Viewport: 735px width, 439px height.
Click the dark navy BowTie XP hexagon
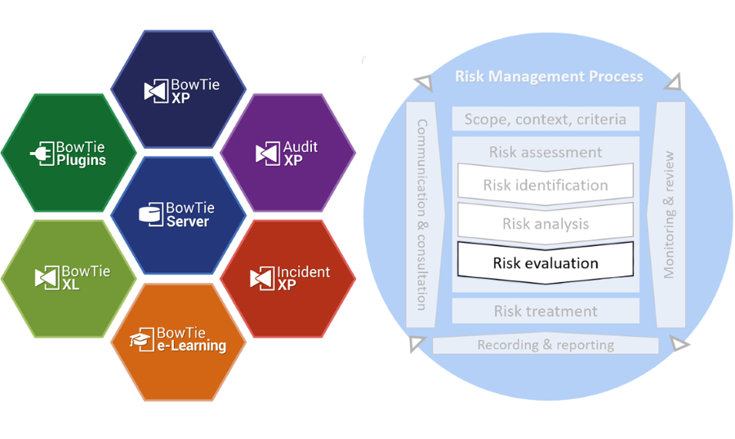(178, 88)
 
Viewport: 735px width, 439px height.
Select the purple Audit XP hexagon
(288, 152)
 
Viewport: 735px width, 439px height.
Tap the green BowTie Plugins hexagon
(68, 153)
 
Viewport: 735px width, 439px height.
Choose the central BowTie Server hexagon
(178, 215)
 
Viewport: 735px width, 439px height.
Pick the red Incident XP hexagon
(288, 277)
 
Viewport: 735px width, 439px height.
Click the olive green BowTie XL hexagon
(68, 277)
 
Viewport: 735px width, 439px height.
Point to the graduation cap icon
(141, 340)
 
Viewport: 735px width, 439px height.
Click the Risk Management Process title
(549, 77)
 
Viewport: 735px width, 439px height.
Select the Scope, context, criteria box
(546, 119)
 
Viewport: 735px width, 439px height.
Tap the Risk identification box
(546, 185)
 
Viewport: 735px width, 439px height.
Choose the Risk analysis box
(546, 223)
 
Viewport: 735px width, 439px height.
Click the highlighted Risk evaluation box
(546, 262)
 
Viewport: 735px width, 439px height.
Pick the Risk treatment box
(546, 311)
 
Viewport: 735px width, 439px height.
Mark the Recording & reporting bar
(546, 345)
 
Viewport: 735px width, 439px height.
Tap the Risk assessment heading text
(546, 152)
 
